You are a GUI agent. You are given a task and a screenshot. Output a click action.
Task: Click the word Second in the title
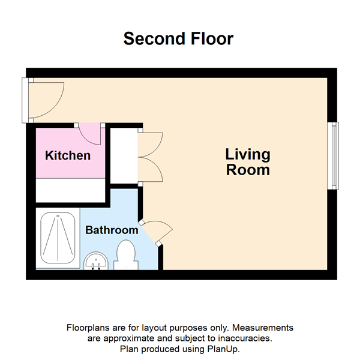pos(154,38)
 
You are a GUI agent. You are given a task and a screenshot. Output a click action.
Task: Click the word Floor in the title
pos(212,38)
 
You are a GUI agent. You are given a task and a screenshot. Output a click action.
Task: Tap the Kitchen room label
pos(68,155)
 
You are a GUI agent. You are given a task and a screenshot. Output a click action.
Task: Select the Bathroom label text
pos(112,230)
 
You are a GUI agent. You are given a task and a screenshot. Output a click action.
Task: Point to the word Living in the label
pos(248,155)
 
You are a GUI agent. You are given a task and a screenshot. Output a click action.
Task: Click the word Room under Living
pos(248,170)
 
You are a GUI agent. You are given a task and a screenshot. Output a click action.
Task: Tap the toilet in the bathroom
pos(126,255)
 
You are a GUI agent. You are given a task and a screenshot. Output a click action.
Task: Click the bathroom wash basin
pos(96,261)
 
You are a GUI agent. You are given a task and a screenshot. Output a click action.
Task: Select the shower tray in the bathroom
pos(58,238)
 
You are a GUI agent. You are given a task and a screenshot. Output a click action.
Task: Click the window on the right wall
pos(333,155)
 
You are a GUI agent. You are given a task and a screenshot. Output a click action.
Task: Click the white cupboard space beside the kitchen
pos(124,155)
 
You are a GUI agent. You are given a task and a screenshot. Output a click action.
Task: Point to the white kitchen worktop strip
pos(70,190)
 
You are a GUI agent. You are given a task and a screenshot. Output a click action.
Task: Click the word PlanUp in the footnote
pos(223,349)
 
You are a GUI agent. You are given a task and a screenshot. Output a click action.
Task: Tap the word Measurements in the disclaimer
pos(263,328)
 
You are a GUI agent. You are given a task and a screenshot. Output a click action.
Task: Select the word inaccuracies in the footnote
pos(245,338)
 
